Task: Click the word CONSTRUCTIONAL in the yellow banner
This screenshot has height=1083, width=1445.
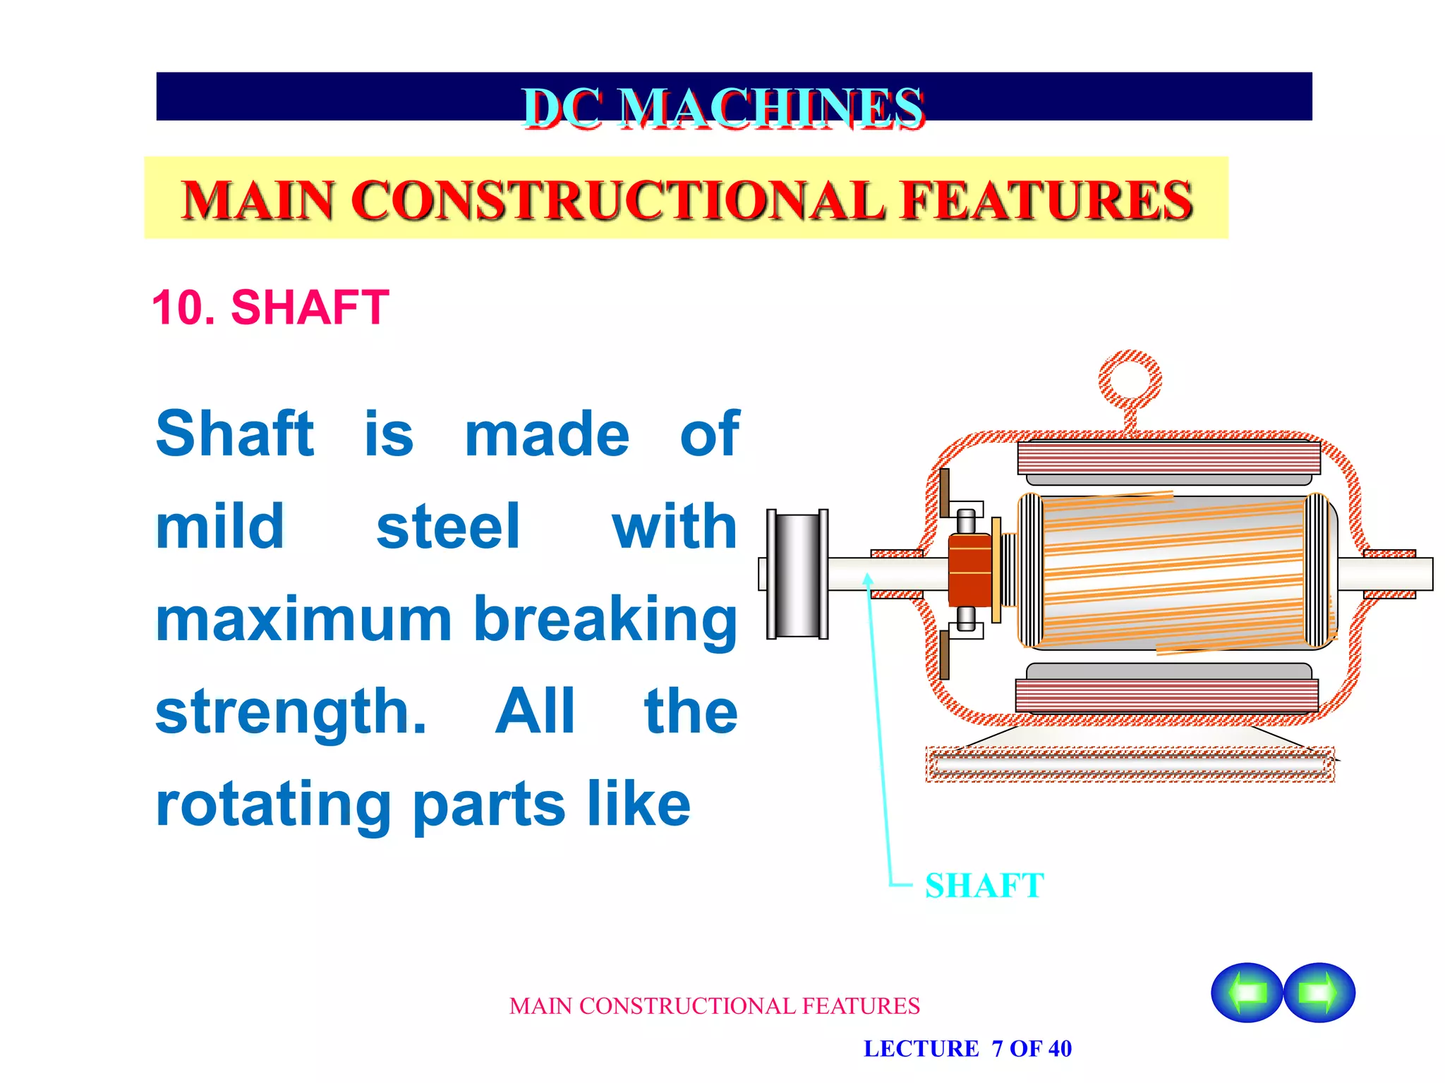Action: pos(617,200)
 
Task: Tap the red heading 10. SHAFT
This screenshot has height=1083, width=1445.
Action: pos(270,307)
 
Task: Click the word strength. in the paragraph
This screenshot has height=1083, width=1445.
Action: pos(291,712)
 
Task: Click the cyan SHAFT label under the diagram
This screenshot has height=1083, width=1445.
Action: pos(984,886)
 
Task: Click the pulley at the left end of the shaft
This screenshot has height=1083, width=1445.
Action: pos(797,574)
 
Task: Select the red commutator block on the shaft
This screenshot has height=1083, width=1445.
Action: pos(970,570)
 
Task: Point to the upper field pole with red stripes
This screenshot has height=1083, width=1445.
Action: pos(1168,458)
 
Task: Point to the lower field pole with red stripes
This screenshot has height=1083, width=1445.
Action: pos(1166,695)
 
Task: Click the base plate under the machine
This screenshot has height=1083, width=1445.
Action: pos(1130,764)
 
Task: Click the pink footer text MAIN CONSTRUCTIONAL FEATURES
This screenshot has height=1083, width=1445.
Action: pos(714,1006)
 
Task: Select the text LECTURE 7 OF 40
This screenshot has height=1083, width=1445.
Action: pos(967,1049)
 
